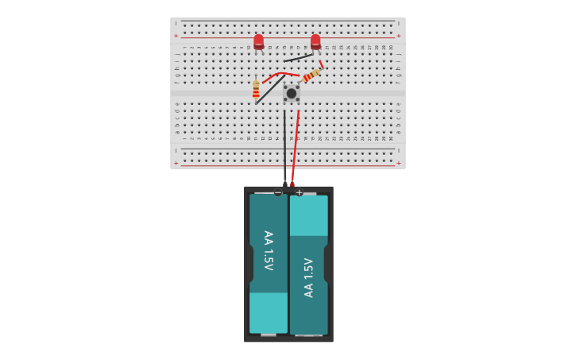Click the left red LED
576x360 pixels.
(x=258, y=41)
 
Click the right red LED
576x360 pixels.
(x=315, y=41)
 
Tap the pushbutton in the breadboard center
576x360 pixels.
(x=292, y=94)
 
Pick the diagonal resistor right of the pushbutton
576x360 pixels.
(x=311, y=75)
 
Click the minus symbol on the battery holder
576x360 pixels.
(x=278, y=192)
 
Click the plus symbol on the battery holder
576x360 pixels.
(x=299, y=192)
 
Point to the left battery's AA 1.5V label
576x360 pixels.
(x=268, y=250)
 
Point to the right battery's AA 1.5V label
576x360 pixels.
(x=309, y=277)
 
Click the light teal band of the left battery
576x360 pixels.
(x=269, y=312)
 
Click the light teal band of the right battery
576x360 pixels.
(x=309, y=216)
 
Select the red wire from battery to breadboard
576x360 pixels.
(x=296, y=147)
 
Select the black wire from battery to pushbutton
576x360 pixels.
(x=284, y=147)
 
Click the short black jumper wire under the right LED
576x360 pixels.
(x=298, y=57)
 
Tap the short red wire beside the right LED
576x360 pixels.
(x=321, y=64)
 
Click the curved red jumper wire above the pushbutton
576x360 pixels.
(x=280, y=74)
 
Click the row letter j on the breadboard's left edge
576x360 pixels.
(x=177, y=53)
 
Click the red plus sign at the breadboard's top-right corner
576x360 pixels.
(x=398, y=36)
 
